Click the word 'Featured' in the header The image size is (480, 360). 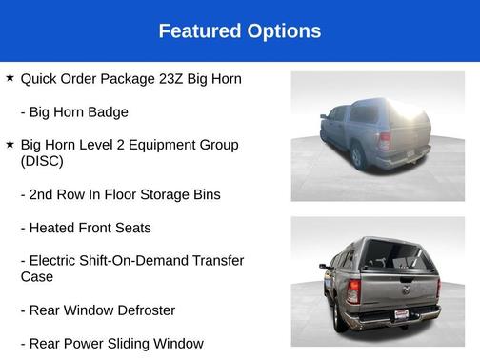[x=197, y=31]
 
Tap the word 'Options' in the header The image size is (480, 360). [x=280, y=31]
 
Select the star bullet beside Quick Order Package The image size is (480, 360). [x=10, y=77]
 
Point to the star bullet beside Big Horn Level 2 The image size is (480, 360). [x=10, y=144]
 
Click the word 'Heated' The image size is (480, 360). [x=57, y=229]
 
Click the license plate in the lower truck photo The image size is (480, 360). [x=401, y=313]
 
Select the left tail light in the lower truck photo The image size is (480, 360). [x=352, y=291]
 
